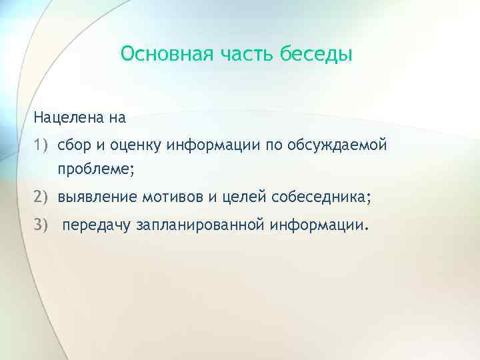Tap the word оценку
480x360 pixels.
pyautogui.click(x=134, y=145)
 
